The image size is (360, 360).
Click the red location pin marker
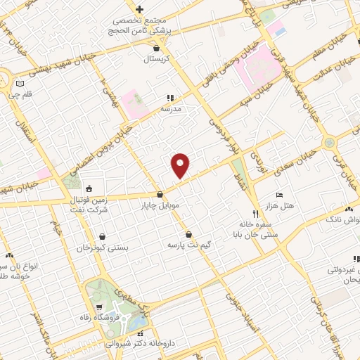pos(181,166)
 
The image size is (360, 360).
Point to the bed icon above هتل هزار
pos(279,194)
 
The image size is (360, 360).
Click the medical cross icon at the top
pos(140,9)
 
